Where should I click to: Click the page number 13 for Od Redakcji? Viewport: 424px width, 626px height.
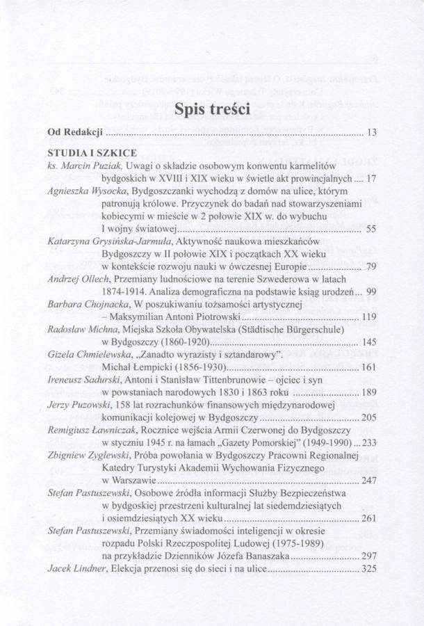(370, 132)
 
